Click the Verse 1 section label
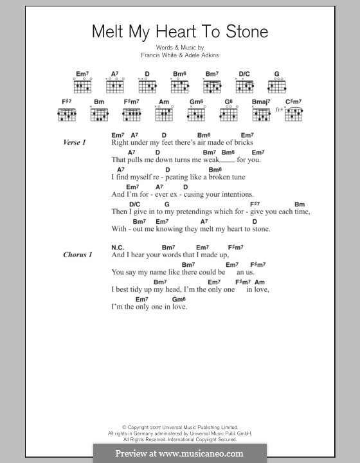75,142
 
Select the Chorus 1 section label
78,255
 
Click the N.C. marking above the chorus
117,247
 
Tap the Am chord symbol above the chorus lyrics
260,282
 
